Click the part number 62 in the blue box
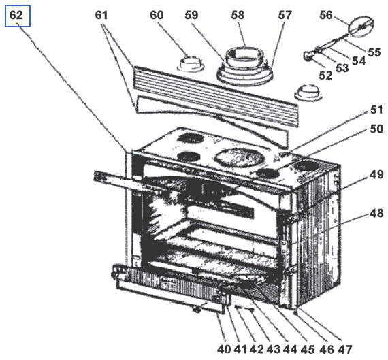pos(16,15)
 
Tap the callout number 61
pos(101,15)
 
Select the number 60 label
pos(157,15)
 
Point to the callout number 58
pos(238,15)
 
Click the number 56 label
pos(326,15)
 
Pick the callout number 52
pos(325,76)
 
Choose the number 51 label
pos(376,110)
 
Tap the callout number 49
pos(376,175)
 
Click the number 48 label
pos(376,213)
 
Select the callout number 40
pos(224,349)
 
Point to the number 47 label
pos(345,349)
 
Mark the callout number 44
pos(290,349)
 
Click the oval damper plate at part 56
pos(361,27)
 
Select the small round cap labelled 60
pos(191,63)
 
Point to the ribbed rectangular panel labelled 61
pos(216,97)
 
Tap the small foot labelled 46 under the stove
pos(295,313)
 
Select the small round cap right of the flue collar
pos(308,93)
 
